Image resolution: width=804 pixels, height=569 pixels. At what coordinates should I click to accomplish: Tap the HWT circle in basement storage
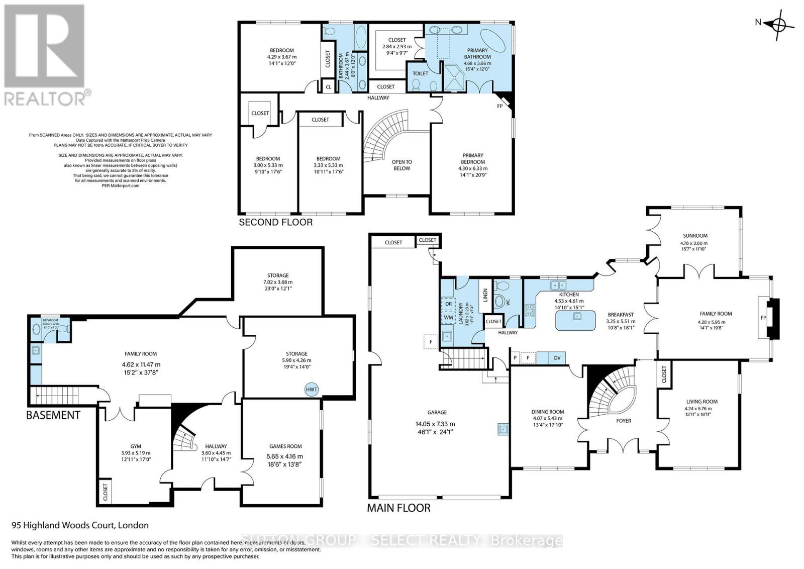tap(311, 390)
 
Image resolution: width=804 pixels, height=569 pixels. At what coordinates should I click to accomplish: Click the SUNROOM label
tap(695, 235)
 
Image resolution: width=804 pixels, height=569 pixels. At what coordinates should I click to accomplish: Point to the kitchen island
tap(576, 320)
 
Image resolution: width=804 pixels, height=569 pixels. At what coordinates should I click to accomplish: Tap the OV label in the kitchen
tap(557, 358)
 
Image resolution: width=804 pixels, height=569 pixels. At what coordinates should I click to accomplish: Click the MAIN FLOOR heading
tap(398, 508)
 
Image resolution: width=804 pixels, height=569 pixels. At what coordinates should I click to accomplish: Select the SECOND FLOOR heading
tap(275, 222)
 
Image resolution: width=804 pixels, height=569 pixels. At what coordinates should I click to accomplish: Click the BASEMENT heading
tap(53, 415)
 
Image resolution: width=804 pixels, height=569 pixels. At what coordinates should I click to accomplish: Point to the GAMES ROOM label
tap(285, 446)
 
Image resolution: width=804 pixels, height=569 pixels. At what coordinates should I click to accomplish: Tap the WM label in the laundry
tap(448, 318)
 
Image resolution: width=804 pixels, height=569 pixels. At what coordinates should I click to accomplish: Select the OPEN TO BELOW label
tap(401, 165)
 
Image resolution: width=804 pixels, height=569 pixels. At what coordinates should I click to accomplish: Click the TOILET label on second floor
tap(420, 73)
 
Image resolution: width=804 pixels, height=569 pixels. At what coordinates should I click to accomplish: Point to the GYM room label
tap(136, 446)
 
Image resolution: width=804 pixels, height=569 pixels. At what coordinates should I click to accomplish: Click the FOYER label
tap(624, 421)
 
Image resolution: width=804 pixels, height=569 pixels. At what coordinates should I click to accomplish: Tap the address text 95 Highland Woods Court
tap(80, 525)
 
